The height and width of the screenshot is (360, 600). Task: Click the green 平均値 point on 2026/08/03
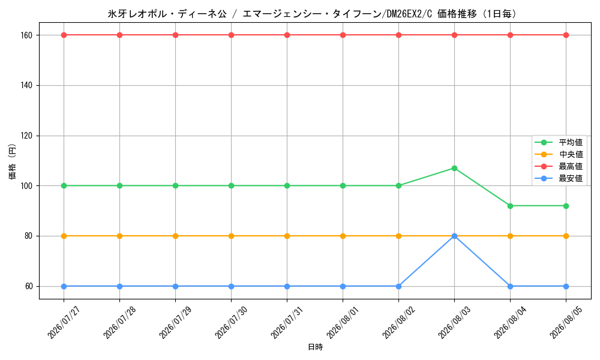tap(454, 169)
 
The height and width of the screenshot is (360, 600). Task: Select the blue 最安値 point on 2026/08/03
tap(454, 236)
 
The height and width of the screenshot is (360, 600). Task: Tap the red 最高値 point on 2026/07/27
tap(64, 35)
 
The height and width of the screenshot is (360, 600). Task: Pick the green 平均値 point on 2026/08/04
tap(510, 206)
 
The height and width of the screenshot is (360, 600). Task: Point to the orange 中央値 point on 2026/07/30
tap(231, 236)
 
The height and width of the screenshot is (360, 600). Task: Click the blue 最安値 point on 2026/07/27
tap(64, 287)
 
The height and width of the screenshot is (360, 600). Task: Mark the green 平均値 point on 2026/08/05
tap(566, 206)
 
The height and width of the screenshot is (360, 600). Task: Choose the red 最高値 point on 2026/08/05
tap(566, 35)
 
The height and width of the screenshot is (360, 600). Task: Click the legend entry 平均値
tap(559, 142)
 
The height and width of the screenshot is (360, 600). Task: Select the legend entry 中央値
tap(559, 154)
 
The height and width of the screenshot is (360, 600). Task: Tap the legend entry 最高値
tap(559, 166)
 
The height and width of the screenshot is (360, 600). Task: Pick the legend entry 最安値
tap(559, 178)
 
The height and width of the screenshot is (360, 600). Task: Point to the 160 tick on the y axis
tap(29, 35)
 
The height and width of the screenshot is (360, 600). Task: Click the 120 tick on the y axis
tap(29, 136)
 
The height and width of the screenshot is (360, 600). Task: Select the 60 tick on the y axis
tap(30, 287)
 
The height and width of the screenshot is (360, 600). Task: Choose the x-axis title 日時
tap(316, 347)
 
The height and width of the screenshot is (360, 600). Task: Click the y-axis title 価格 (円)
tap(12, 161)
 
